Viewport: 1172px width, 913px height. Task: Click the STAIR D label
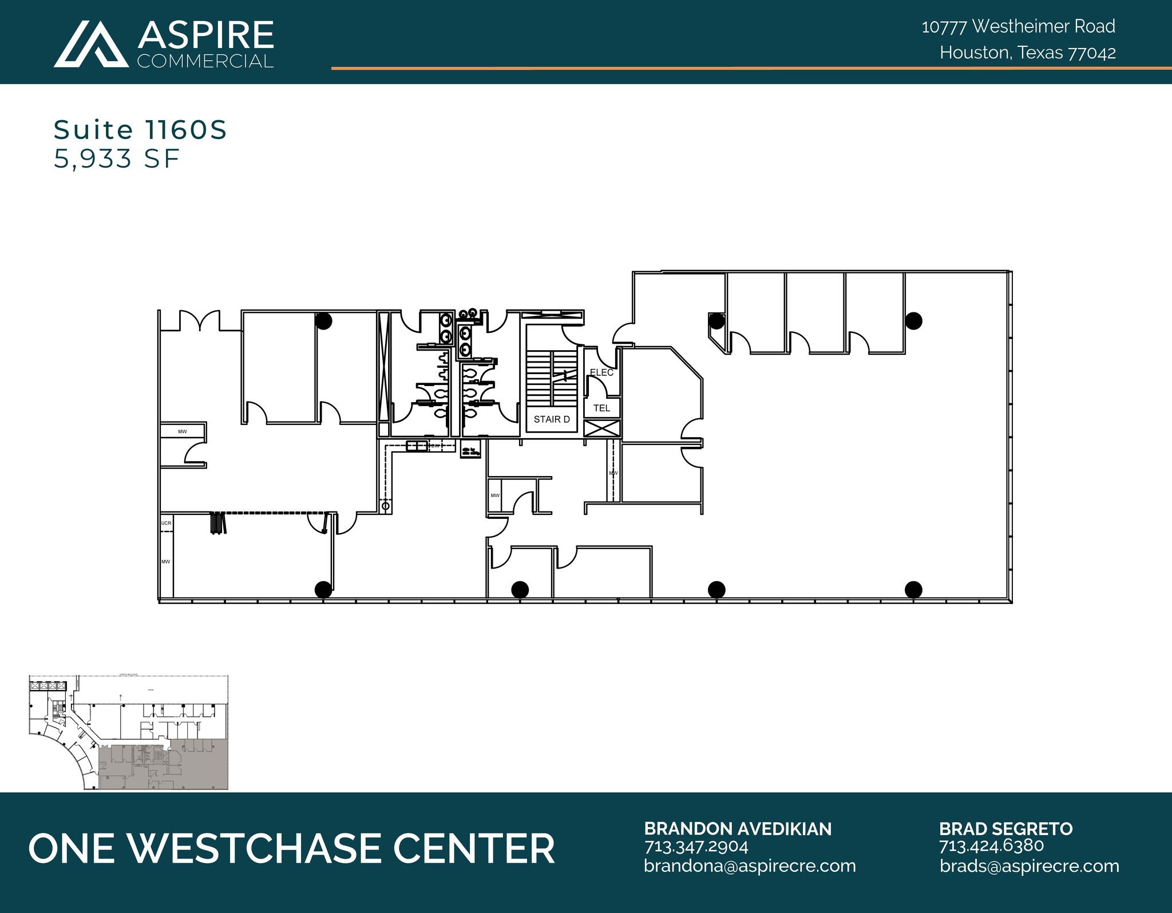coord(551,419)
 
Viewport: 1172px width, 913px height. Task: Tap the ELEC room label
coord(601,372)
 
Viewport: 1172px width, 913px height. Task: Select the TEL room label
coord(601,408)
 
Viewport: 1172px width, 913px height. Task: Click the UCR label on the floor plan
coord(166,523)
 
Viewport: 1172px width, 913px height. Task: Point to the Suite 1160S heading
coord(140,130)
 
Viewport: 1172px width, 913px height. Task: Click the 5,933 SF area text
coord(117,158)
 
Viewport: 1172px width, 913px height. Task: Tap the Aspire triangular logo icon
coord(91,45)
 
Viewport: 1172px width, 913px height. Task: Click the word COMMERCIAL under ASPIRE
coord(205,61)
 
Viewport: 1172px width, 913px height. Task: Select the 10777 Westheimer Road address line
coord(1018,26)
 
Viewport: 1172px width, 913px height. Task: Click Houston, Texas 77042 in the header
coord(1027,53)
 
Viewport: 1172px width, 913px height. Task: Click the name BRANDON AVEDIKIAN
coord(737,829)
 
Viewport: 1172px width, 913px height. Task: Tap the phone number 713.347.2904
coord(696,846)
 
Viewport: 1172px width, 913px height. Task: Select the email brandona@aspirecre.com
coord(749,866)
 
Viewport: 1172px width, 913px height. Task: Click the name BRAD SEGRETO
coord(1005,829)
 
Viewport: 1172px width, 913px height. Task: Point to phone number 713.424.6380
coord(991,845)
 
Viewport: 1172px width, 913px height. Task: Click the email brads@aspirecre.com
coord(1029,866)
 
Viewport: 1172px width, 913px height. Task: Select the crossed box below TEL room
coord(601,428)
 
